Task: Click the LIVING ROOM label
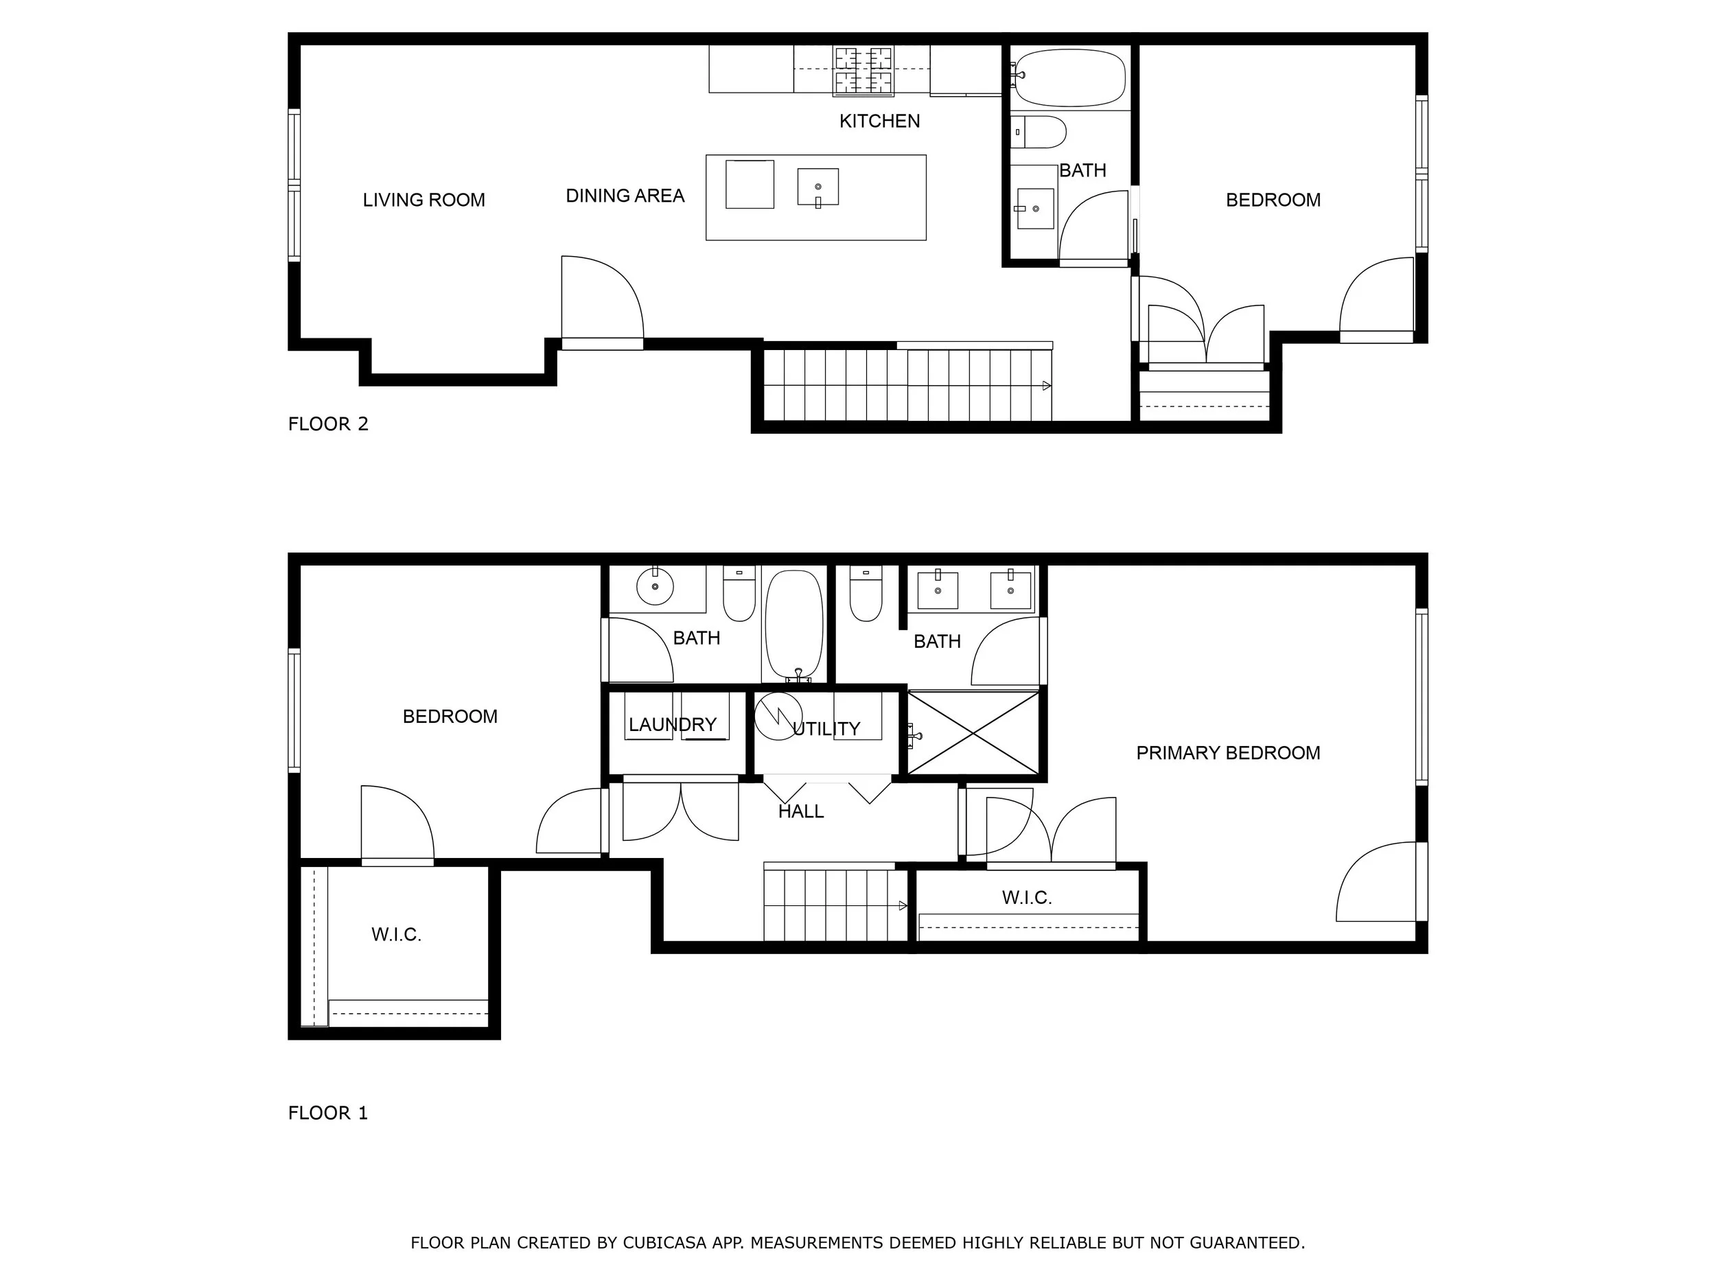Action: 424,200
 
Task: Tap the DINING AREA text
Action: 625,196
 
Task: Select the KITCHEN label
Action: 880,121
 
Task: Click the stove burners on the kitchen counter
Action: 863,71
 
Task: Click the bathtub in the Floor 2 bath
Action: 1070,77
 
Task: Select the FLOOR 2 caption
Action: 328,424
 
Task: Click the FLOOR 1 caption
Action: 328,1113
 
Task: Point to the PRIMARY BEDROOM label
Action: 1228,752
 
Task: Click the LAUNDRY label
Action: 673,725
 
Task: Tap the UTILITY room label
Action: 826,728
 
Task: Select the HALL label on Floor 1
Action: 800,811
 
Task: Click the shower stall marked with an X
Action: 973,732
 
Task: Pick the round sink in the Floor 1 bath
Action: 656,585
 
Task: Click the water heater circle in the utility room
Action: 778,716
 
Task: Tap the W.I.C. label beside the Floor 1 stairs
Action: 1027,898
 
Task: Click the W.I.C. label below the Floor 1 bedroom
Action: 397,934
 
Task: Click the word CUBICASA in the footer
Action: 665,1243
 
